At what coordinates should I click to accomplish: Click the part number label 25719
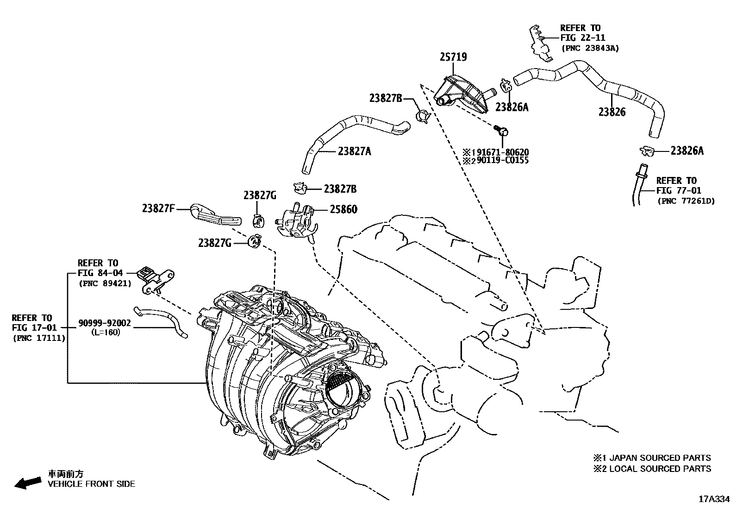tap(453, 57)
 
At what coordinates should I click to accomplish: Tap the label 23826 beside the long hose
tap(612, 112)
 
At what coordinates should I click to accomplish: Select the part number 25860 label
tap(344, 209)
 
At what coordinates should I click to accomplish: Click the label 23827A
tap(354, 151)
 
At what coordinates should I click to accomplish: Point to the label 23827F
tap(158, 208)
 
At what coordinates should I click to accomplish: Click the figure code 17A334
tap(713, 499)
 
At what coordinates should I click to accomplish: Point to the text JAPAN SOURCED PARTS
tap(660, 458)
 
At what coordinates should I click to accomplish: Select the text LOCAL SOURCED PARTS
tap(660, 469)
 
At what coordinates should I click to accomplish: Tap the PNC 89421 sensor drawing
tap(156, 280)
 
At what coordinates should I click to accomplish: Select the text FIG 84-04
tap(100, 273)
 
